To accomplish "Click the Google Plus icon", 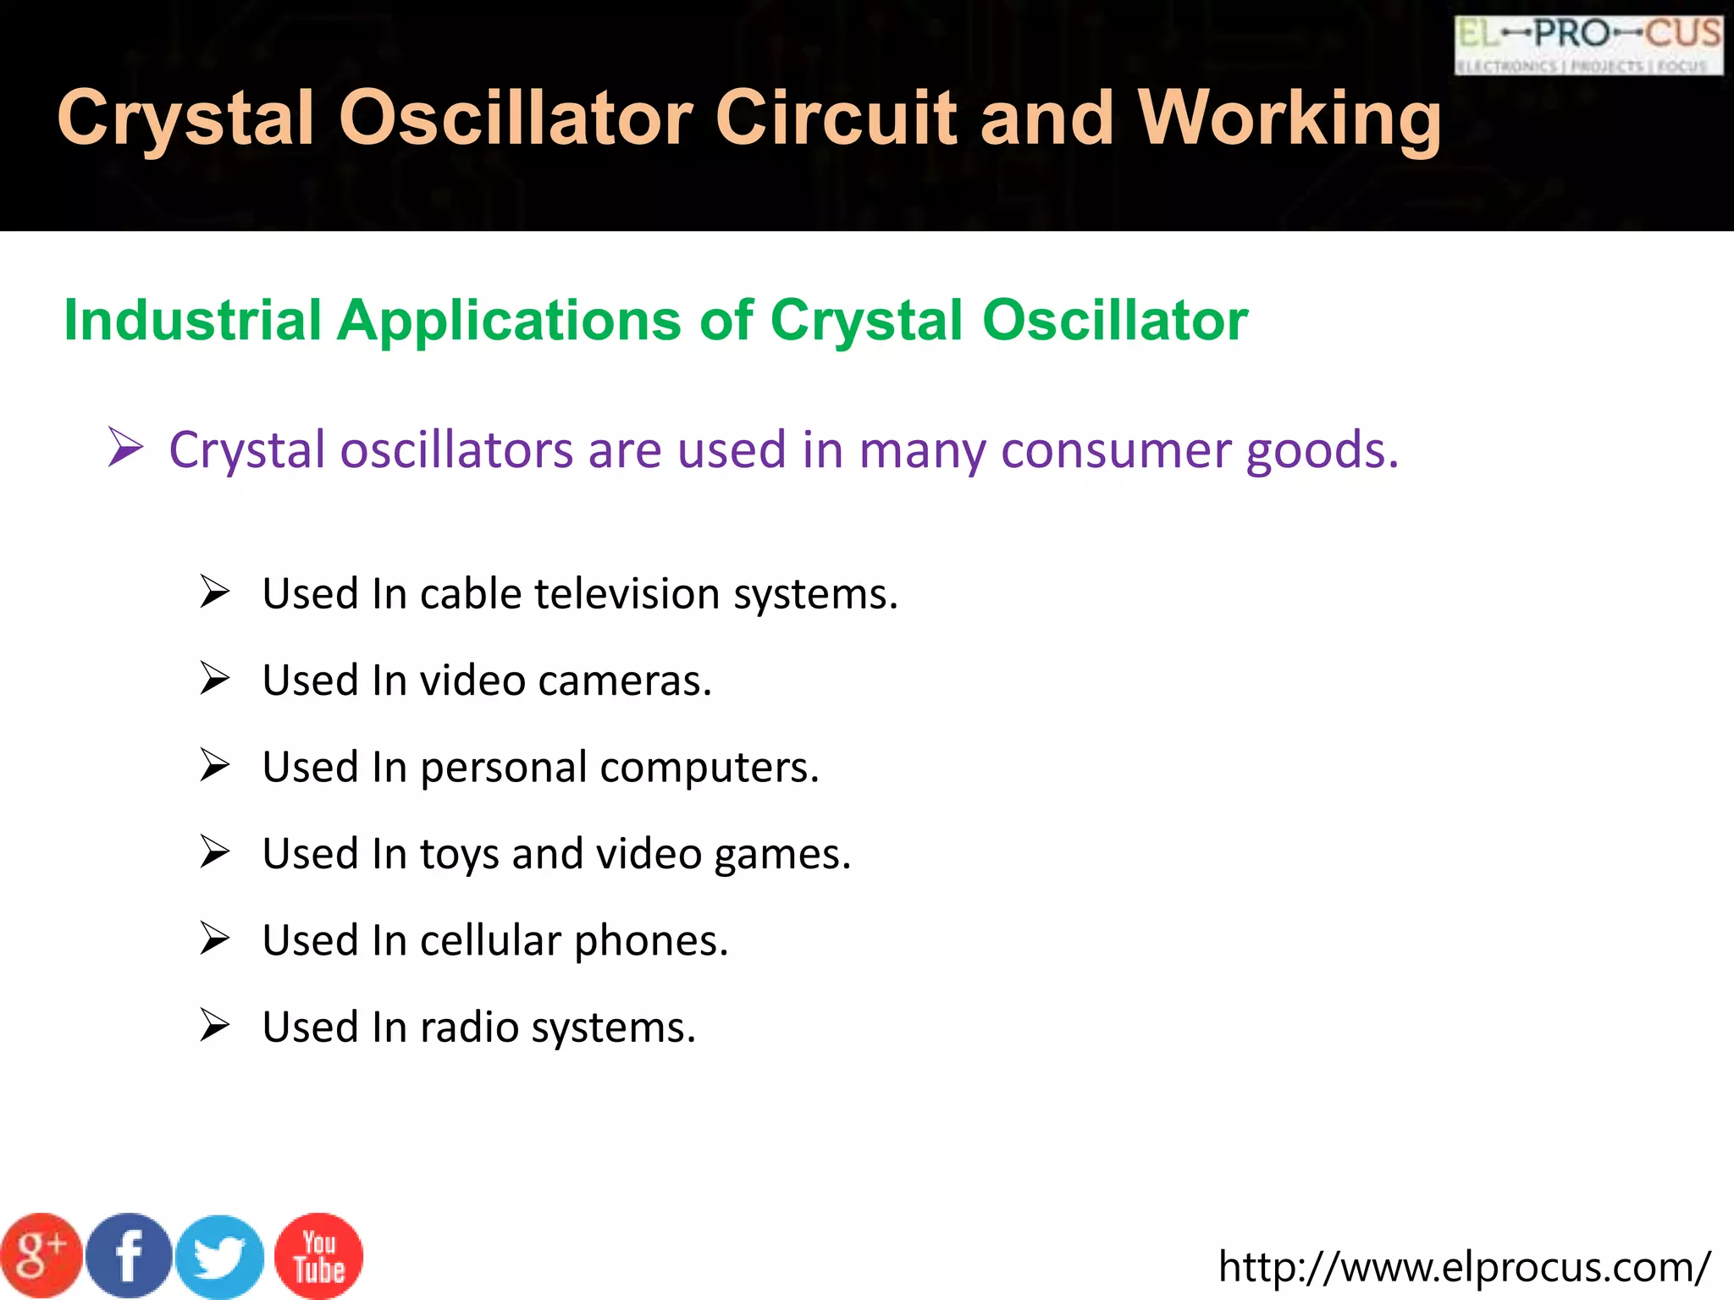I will pyautogui.click(x=41, y=1256).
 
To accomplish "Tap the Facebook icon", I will pyautogui.click(x=129, y=1256).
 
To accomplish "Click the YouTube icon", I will pyautogui.click(x=319, y=1256).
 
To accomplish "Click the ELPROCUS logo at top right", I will pyautogui.click(x=1588, y=46).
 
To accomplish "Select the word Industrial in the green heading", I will pyautogui.click(x=192, y=321).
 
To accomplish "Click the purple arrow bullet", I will pyautogui.click(x=125, y=448).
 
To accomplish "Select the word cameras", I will pyautogui.click(x=625, y=680).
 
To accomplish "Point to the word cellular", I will pyautogui.click(x=490, y=940).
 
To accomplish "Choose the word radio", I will pyautogui.click(x=469, y=1027).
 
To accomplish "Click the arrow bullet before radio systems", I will pyautogui.click(x=215, y=1026).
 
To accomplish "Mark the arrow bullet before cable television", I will pyautogui.click(x=215, y=592).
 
